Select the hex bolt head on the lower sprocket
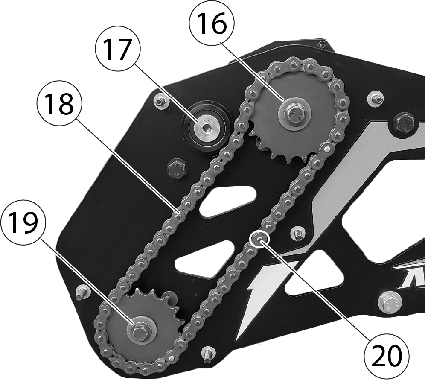139,332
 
